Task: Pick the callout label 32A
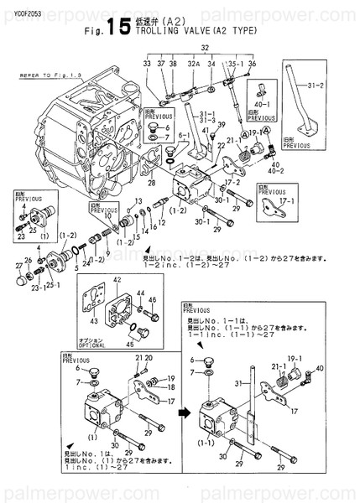192,64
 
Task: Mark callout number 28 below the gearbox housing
152,182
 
